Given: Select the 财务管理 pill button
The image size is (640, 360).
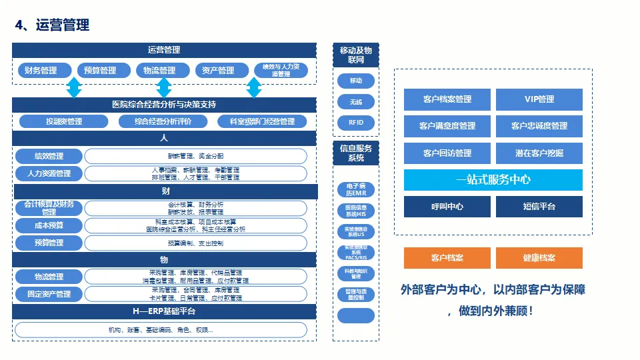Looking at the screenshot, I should click(41, 71).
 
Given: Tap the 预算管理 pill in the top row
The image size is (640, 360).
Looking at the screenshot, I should click(99, 71).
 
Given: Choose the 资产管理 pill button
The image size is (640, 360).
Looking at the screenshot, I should click(217, 71).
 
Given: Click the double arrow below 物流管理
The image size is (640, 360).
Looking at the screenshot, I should click(164, 87).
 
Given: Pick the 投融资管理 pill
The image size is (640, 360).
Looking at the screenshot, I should click(64, 121).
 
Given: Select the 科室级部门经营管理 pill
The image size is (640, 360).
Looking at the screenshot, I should click(262, 121).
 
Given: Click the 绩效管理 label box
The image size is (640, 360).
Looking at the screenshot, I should click(49, 156).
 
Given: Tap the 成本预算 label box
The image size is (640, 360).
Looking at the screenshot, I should click(49, 225).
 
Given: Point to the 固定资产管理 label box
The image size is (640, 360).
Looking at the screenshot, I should click(49, 294).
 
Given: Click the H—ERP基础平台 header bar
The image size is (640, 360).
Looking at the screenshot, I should click(164, 311).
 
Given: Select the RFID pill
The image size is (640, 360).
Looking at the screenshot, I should click(356, 123).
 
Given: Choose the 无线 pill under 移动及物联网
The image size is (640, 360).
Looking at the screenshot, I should click(356, 102).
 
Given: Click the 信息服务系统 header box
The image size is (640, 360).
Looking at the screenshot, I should click(356, 153).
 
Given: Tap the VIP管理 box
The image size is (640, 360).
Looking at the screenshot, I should click(539, 99).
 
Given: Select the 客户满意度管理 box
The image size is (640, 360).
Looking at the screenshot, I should click(447, 126).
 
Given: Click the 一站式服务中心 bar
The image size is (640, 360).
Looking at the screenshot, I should click(493, 180).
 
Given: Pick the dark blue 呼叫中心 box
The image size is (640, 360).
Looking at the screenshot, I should click(447, 207).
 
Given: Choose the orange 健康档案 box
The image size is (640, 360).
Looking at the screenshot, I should click(539, 258).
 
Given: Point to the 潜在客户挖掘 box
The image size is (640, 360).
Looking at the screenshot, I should click(539, 153).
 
